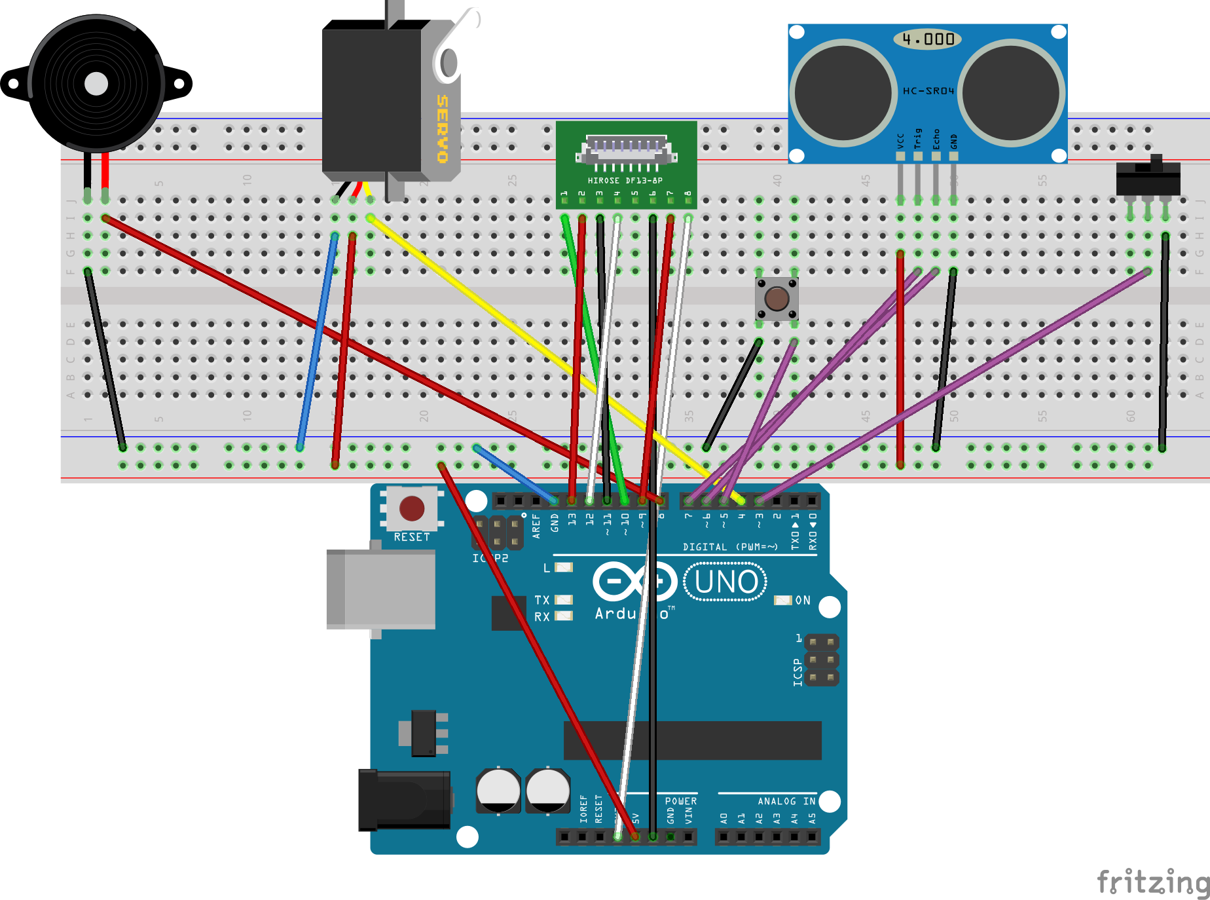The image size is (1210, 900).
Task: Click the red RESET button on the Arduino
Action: pyautogui.click(x=412, y=508)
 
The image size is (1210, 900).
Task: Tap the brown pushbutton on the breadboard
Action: pyautogui.click(x=777, y=299)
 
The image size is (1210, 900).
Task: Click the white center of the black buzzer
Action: pyautogui.click(x=96, y=84)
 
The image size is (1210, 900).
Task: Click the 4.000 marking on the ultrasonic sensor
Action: pyautogui.click(x=928, y=39)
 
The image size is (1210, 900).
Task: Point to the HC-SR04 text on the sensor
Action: pyautogui.click(x=928, y=90)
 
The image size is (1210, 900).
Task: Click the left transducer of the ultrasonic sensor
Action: pyautogui.click(x=843, y=92)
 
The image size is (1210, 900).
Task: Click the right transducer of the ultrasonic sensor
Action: pyautogui.click(x=1011, y=92)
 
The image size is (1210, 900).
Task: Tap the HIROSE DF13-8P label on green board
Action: pyautogui.click(x=625, y=180)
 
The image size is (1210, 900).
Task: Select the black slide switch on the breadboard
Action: pyautogui.click(x=1148, y=178)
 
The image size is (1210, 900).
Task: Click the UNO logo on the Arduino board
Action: pyautogui.click(x=725, y=582)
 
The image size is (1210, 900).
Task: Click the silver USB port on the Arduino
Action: pyautogui.click(x=381, y=589)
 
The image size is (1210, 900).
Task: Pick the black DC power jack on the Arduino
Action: pyautogui.click(x=404, y=800)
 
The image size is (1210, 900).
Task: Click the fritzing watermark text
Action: pyautogui.click(x=1152, y=882)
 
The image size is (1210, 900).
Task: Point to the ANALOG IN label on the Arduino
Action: pyautogui.click(x=786, y=801)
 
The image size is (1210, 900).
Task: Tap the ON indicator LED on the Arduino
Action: pyautogui.click(x=782, y=600)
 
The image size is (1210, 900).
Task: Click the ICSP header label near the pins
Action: pyautogui.click(x=797, y=673)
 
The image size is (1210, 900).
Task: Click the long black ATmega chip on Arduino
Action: pyautogui.click(x=692, y=740)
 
